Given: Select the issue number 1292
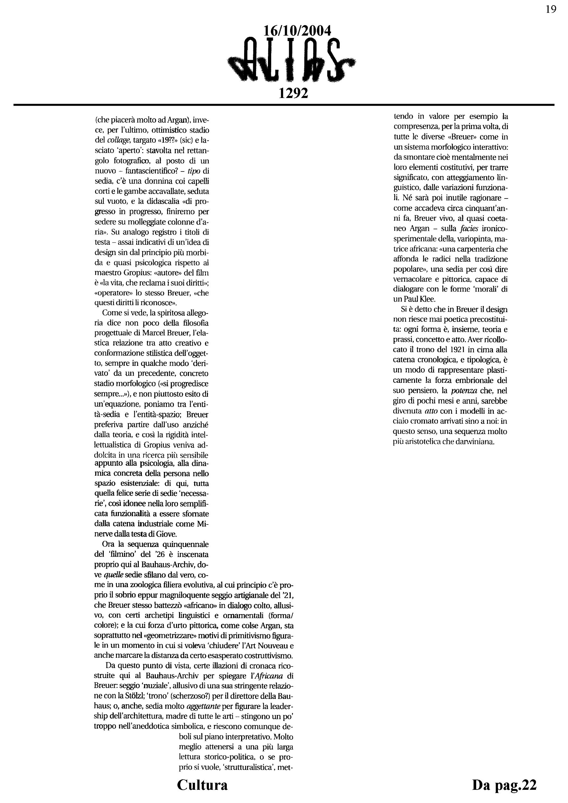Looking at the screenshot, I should click(x=293, y=93).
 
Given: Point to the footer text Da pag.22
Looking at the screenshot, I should click(x=504, y=784).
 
